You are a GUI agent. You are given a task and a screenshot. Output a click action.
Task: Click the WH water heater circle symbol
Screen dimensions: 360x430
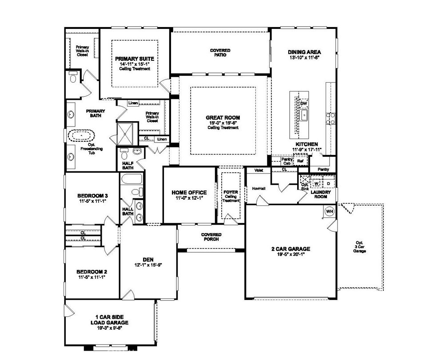330,211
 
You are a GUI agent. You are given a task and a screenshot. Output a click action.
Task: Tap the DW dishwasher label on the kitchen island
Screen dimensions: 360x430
304,103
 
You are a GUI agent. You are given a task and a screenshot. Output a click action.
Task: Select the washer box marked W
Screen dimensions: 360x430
317,183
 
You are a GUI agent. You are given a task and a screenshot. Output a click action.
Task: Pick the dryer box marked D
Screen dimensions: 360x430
329,183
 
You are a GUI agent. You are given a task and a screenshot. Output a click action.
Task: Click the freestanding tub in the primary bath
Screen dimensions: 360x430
82,136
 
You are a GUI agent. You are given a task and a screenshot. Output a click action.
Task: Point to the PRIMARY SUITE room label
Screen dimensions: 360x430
134,59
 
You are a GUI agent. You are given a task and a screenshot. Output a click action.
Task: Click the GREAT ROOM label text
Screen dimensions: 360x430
223,118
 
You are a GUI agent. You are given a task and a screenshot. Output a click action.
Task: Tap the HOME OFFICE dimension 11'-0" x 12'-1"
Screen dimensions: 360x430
189,198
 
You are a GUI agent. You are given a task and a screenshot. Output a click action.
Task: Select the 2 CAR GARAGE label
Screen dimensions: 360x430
291,249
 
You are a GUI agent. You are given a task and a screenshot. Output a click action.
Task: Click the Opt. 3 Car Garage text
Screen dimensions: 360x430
359,247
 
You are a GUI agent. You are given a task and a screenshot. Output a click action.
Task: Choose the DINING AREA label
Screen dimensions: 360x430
304,51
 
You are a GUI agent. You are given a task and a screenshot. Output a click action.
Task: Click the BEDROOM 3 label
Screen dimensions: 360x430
92,196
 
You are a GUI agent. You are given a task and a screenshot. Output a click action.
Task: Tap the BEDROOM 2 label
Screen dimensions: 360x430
92,272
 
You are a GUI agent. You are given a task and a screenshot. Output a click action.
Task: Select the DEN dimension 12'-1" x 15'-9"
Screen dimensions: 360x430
148,265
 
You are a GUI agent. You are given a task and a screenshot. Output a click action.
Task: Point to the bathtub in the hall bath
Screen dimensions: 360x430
131,179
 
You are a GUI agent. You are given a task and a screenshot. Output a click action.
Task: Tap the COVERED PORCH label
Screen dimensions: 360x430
211,237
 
